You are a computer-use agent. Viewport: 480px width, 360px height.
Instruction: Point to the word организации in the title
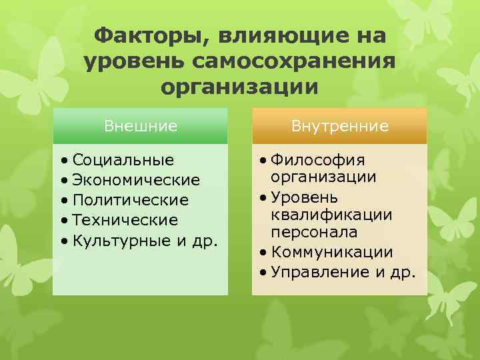pyautogui.click(x=240, y=87)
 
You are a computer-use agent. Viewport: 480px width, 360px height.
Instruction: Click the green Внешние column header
pyautogui.click(x=140, y=126)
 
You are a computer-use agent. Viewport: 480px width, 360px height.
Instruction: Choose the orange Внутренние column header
pyautogui.click(x=339, y=126)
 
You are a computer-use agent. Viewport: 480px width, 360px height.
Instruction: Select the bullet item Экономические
pyautogui.click(x=136, y=180)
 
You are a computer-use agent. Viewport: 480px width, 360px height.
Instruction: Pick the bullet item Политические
pyautogui.click(x=131, y=200)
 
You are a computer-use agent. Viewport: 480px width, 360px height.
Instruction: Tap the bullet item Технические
pyautogui.click(x=125, y=220)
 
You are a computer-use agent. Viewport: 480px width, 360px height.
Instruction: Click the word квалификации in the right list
pyautogui.click(x=331, y=215)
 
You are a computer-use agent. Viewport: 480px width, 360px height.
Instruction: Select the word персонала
pyautogui.click(x=313, y=233)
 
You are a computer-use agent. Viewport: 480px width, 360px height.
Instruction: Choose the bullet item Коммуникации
pyautogui.click(x=331, y=253)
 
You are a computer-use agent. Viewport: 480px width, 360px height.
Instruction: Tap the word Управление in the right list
pyautogui.click(x=319, y=271)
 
